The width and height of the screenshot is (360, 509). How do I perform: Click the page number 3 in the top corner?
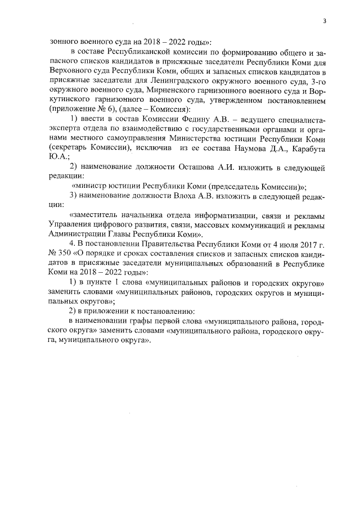(x=325, y=21)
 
